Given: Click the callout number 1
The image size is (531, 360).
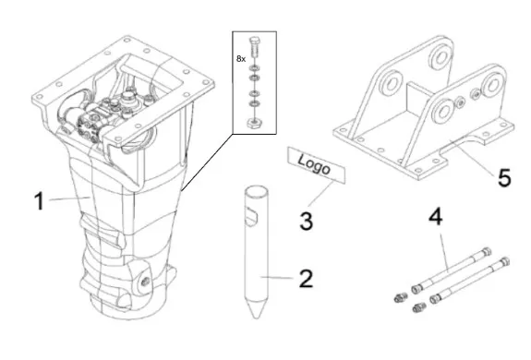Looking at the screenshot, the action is (40, 201).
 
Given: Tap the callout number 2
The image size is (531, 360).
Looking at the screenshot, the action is (307, 279).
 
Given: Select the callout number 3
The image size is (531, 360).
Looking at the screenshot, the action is (307, 221).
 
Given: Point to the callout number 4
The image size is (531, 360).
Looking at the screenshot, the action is (436, 217).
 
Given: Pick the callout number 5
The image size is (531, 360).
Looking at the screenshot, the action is (504, 177).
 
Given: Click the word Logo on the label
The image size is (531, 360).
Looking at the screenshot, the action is (314, 164).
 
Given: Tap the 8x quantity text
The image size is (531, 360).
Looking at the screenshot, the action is (241, 59).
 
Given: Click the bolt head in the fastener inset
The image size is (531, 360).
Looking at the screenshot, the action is (254, 42).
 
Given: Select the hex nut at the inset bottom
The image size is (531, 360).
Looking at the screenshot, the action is (254, 123).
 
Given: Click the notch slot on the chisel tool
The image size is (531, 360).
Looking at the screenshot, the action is (251, 217).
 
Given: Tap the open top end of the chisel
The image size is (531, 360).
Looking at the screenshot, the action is (257, 191).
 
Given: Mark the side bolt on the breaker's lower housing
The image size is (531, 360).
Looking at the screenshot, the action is (146, 281).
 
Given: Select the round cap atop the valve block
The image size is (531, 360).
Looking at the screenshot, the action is (128, 96).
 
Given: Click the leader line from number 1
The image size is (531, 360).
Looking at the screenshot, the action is (70, 198).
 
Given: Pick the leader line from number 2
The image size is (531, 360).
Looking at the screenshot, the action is (277, 278).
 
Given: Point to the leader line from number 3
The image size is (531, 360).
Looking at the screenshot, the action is (321, 193).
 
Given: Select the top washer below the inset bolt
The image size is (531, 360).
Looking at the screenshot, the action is (253, 68).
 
